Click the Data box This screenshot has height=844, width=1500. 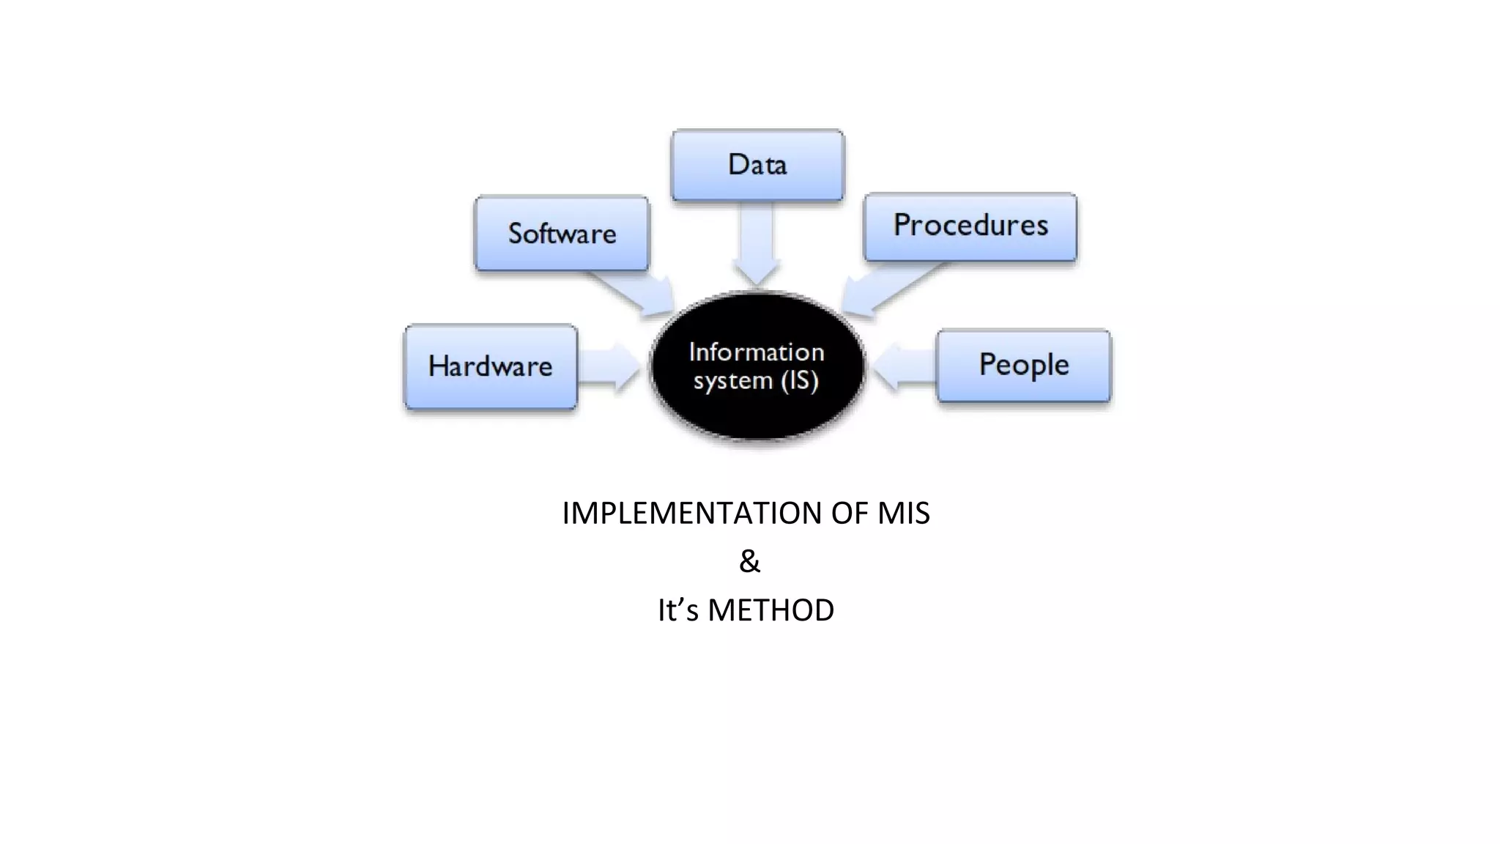(757, 165)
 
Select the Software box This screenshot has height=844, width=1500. (562, 234)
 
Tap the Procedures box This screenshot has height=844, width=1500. (970, 226)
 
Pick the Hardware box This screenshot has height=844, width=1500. (491, 366)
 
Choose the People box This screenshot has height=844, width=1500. (1024, 365)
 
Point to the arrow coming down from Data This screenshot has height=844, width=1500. (757, 245)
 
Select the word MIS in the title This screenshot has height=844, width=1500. (903, 513)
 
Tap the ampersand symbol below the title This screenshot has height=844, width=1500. (749, 561)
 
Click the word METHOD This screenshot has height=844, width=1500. (771, 610)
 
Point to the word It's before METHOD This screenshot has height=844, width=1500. (677, 610)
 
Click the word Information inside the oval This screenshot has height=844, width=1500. (757, 352)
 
